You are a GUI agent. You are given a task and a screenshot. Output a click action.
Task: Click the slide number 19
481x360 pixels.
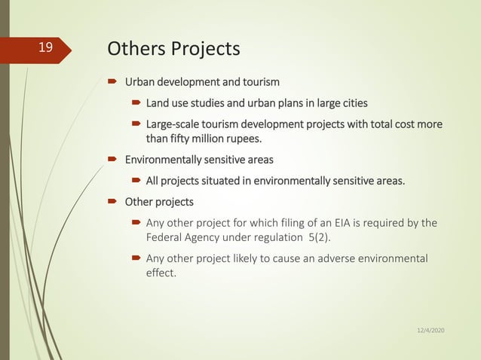tap(46, 48)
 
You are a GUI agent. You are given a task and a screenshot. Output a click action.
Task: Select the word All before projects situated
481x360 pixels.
tap(153, 181)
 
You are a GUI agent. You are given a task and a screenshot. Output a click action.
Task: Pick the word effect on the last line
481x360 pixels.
tap(160, 273)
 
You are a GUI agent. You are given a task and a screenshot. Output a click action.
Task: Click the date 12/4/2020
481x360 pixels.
tap(430, 331)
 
